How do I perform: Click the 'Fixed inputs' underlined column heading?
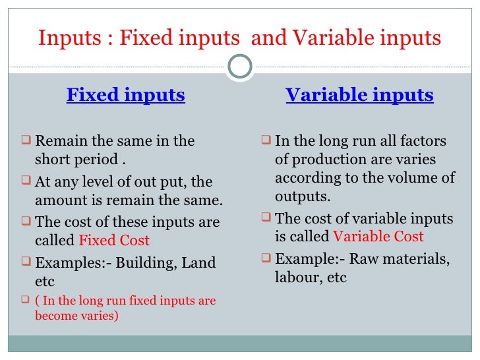[125, 96]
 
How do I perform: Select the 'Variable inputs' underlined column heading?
[359, 96]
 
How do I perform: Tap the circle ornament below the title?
[240, 67]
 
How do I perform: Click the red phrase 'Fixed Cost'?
[114, 241]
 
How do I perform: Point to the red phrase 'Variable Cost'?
[378, 237]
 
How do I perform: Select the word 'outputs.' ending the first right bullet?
[303, 196]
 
